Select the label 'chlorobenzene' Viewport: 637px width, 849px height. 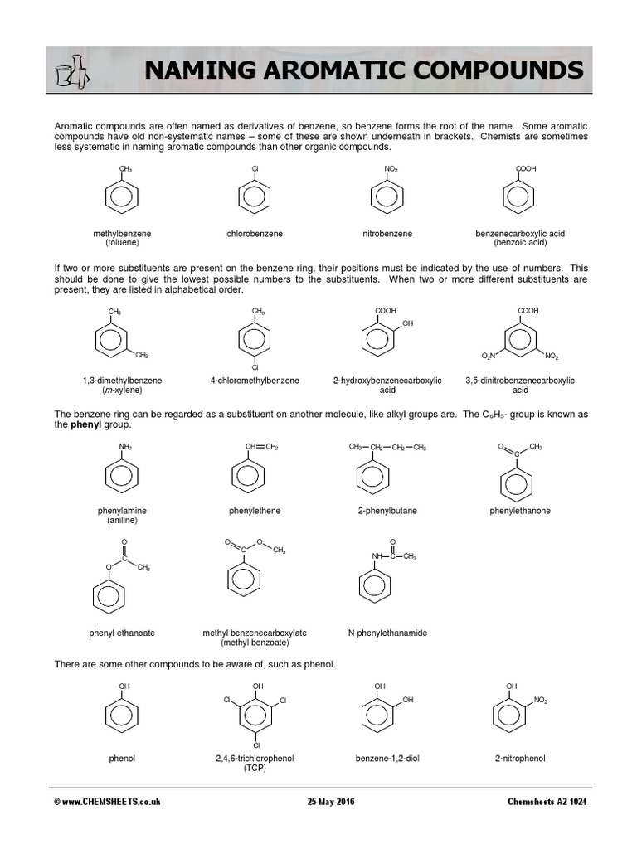coord(255,234)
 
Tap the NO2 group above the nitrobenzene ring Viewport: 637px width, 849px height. coord(391,169)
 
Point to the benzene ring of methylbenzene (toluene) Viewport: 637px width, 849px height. coord(122,197)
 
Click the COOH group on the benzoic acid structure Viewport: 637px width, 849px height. coord(526,169)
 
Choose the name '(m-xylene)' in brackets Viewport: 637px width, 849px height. coord(122,390)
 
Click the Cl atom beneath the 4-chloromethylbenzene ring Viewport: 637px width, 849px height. coord(255,366)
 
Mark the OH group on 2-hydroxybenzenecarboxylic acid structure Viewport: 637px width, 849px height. coord(407,323)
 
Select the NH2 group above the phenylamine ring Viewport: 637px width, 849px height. coord(125,447)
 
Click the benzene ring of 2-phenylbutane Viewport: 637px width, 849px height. coord(372,478)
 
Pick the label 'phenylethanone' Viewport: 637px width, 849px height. coord(520,511)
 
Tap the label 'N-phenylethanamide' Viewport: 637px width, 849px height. coord(387,633)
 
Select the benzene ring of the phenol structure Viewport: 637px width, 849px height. coord(122,717)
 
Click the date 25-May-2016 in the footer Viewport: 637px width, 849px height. coord(331,802)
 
